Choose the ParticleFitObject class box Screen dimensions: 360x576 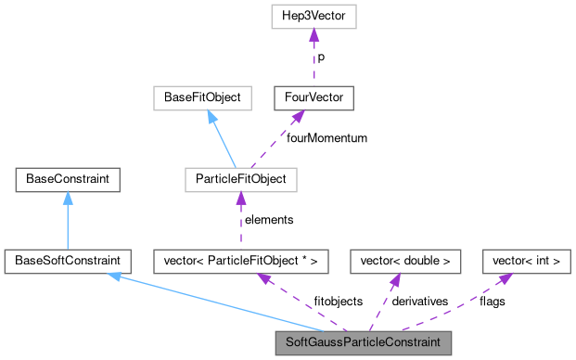point(239,178)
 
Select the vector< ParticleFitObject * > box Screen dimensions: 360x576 point(239,261)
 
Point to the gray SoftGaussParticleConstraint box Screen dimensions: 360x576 point(363,342)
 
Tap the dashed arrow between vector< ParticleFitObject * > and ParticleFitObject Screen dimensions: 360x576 point(239,219)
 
